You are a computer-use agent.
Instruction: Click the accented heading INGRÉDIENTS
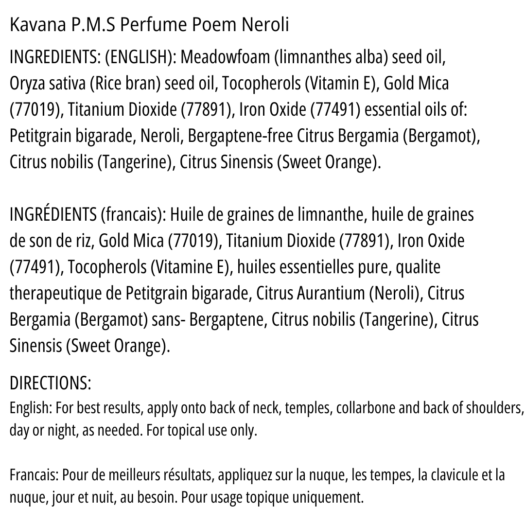(x=53, y=215)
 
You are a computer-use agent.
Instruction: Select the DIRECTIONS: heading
(x=51, y=384)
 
